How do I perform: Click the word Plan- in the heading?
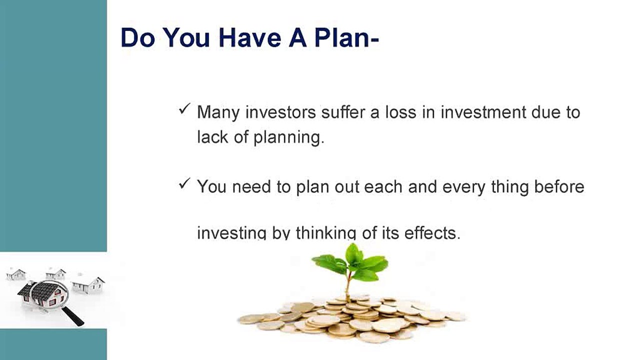tap(346, 37)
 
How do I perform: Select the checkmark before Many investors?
tap(185, 109)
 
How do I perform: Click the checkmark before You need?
tap(185, 183)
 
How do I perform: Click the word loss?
tap(401, 112)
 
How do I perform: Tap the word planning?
tap(289, 137)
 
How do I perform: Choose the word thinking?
tap(326, 232)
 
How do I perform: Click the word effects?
tap(432, 232)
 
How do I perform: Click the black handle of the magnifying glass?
tap(73, 316)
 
